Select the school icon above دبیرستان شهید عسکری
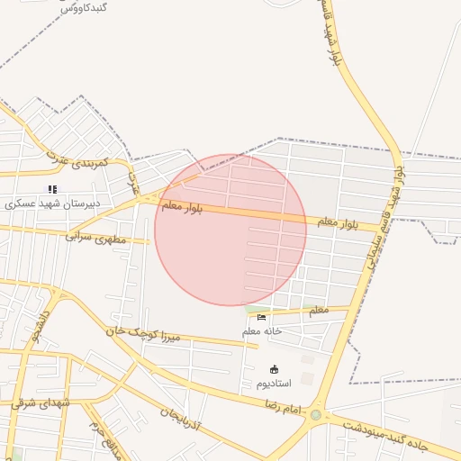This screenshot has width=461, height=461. [53, 189]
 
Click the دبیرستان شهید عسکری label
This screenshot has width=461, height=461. [53, 203]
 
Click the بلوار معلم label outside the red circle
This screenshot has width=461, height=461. [338, 222]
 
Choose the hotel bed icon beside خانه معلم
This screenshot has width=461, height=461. [262, 317]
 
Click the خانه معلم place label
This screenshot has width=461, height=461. [262, 330]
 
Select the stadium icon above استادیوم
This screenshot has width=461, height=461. [274, 369]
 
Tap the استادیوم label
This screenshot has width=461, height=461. [274, 384]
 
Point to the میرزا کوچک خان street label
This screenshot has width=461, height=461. [144, 334]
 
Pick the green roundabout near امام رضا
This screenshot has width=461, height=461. [315, 415]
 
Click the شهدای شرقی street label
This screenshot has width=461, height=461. [41, 402]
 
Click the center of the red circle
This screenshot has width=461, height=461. [230, 230]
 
